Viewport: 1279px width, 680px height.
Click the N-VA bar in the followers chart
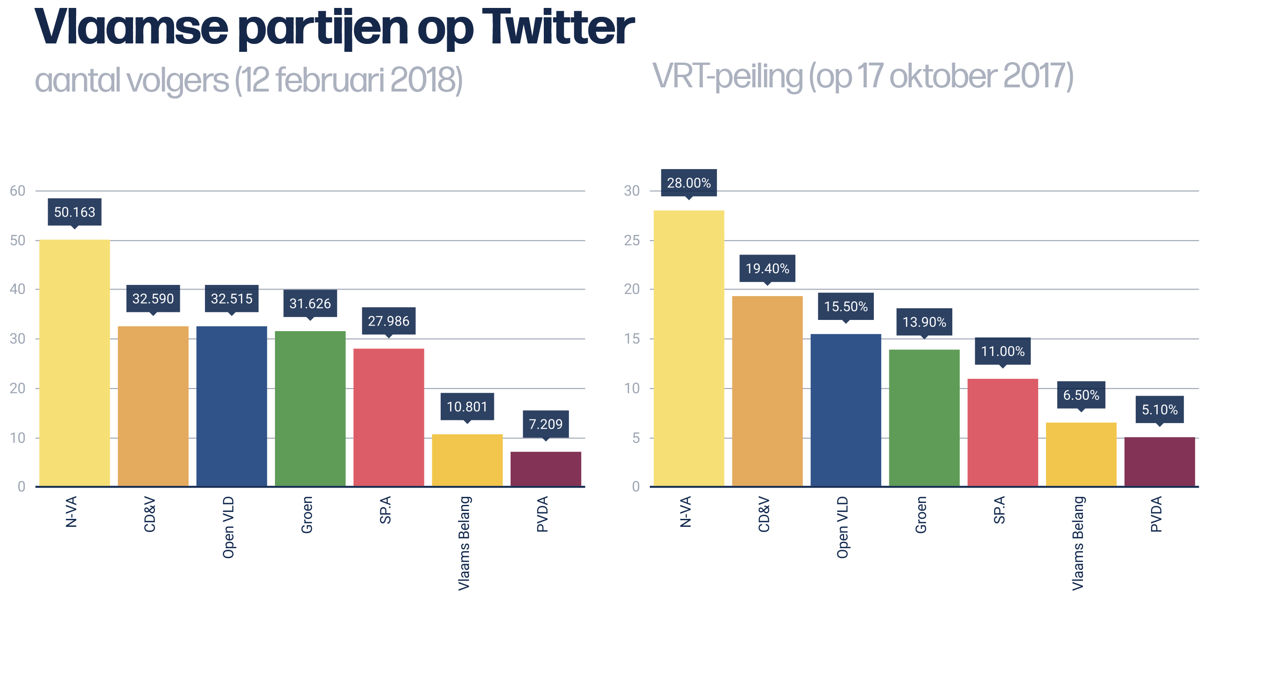click(x=75, y=362)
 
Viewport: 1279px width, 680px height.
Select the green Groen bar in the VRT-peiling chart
click(x=924, y=417)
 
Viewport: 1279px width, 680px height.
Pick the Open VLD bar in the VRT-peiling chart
click(x=845, y=410)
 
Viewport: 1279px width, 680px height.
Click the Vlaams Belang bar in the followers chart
click(x=467, y=460)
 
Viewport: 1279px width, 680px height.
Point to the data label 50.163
click(x=75, y=212)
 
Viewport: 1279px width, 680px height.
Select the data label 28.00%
click(x=689, y=183)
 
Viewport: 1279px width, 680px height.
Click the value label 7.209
click(x=545, y=424)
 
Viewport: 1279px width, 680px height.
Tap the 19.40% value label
click(x=767, y=269)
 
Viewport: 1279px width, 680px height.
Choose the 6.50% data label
click(x=1081, y=396)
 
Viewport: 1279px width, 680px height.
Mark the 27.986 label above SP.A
click(x=388, y=321)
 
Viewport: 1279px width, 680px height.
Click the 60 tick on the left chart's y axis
click(x=17, y=191)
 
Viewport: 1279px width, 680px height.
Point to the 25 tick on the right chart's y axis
click(x=632, y=241)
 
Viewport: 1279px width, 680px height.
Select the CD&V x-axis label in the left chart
click(x=150, y=514)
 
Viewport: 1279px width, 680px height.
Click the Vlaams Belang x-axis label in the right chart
click(x=1078, y=543)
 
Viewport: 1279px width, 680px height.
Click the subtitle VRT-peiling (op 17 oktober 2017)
click(x=863, y=77)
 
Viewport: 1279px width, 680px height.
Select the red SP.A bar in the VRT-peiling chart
click(x=1003, y=432)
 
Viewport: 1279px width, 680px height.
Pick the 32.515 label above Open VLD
click(x=232, y=298)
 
